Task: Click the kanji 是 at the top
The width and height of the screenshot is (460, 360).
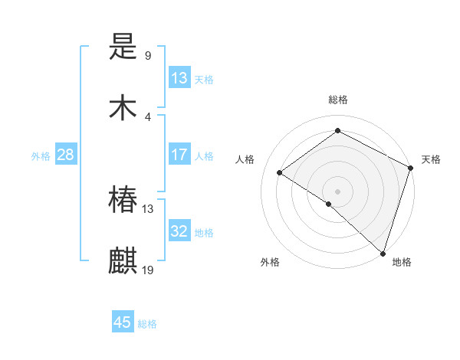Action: point(123,48)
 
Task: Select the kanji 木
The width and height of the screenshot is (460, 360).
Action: point(123,108)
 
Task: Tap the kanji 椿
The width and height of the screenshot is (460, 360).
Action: point(123,200)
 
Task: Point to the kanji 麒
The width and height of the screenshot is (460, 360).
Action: point(123,260)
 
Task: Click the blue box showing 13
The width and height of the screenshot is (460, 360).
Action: point(179,78)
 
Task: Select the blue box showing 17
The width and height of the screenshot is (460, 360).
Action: point(179,155)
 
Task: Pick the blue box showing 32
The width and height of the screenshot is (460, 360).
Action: point(179,231)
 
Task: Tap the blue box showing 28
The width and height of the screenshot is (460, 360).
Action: point(66,155)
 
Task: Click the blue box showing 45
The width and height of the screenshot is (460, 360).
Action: point(123,322)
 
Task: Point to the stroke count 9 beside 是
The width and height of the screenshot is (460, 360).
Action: point(148,56)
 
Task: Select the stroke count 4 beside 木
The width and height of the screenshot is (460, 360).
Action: point(148,116)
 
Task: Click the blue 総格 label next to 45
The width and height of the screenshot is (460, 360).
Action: point(147,324)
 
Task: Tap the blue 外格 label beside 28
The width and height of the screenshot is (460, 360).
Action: point(41,156)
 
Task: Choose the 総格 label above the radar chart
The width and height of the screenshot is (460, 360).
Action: point(338,100)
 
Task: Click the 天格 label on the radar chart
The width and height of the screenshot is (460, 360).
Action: point(431,159)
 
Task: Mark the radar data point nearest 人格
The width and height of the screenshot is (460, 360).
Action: point(280,172)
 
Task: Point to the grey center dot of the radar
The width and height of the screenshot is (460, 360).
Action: point(337,191)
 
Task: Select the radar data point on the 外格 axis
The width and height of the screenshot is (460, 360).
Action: point(329,204)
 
